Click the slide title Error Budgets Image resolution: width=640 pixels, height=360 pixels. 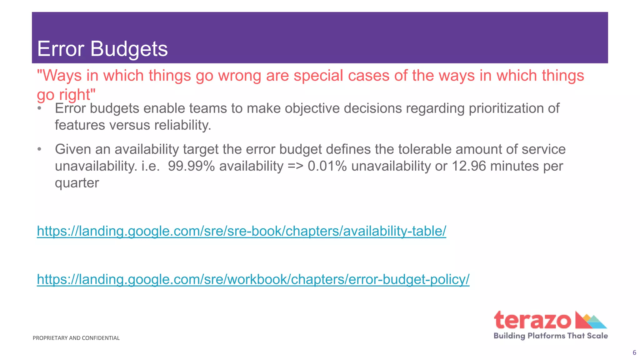pyautogui.click(x=102, y=49)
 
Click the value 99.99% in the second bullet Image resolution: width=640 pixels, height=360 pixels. pyautogui.click(x=191, y=166)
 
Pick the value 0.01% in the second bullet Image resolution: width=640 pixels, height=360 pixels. pyautogui.click(x=327, y=166)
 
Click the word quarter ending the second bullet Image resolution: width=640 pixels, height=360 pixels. pyautogui.click(x=77, y=183)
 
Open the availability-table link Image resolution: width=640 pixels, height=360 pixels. pyautogui.click(x=241, y=231)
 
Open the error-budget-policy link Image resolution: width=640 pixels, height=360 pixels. pyautogui.click(x=253, y=279)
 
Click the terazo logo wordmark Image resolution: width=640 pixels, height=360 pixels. pyautogui.click(x=532, y=320)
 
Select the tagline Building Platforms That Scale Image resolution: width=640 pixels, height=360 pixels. pyautogui.click(x=551, y=336)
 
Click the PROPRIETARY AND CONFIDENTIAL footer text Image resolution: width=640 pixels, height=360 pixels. pyautogui.click(x=76, y=338)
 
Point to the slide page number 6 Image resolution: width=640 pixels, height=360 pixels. pyautogui.click(x=634, y=353)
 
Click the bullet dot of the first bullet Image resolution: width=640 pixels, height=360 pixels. pyautogui.click(x=39, y=108)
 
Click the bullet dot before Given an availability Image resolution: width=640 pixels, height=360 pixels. pyautogui.click(x=39, y=149)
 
